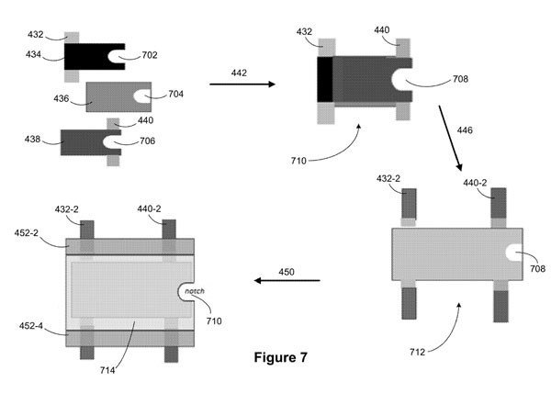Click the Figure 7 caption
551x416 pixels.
click(280, 357)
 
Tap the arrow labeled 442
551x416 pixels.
click(242, 84)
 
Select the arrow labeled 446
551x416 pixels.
click(450, 138)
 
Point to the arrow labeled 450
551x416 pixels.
click(287, 280)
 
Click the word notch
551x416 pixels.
click(195, 291)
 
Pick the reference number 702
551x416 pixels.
click(150, 55)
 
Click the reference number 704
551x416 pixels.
click(175, 94)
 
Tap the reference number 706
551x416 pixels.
click(147, 141)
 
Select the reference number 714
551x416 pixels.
click(107, 370)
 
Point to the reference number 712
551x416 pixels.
click(417, 352)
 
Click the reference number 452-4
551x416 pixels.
click(31, 326)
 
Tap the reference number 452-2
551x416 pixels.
click(27, 232)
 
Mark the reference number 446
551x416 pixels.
click(465, 130)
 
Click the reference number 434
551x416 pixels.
click(33, 54)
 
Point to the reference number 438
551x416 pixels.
click(32, 140)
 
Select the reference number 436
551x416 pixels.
click(62, 98)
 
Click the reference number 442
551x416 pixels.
click(239, 73)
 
